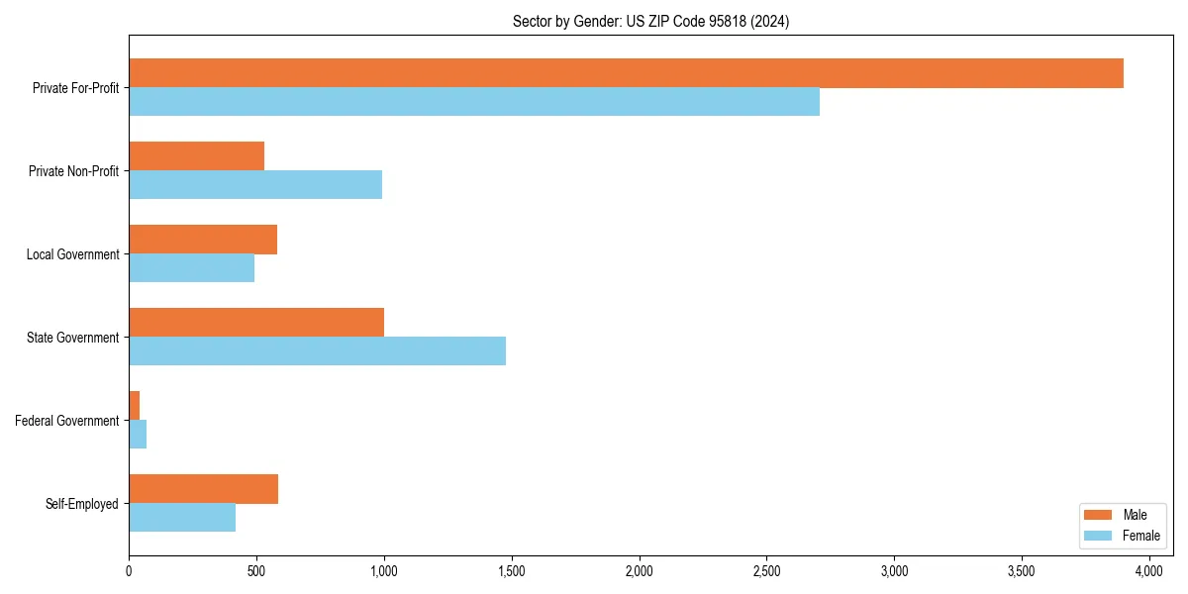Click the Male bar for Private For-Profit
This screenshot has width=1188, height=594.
pos(626,73)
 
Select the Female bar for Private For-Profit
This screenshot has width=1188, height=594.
pos(474,102)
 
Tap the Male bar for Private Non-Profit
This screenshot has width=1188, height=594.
pos(196,156)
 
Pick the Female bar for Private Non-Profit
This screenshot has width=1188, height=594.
pos(255,185)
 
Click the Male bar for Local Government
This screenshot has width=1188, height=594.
pos(203,240)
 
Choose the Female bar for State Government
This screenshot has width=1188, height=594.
pos(317,351)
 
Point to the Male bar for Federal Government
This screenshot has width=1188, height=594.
pos(135,406)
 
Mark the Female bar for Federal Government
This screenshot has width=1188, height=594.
pos(138,435)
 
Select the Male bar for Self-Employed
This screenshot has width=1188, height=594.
pos(203,489)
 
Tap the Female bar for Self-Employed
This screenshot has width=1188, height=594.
pos(182,518)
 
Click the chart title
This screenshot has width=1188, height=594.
pos(650,21)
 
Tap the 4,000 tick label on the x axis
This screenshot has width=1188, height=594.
pos(1148,571)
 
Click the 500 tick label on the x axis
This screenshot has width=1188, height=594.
pos(256,571)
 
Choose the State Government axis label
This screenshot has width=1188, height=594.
pos(72,338)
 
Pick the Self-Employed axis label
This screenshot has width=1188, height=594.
pos(81,504)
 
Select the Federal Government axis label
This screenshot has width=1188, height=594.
pos(66,421)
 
